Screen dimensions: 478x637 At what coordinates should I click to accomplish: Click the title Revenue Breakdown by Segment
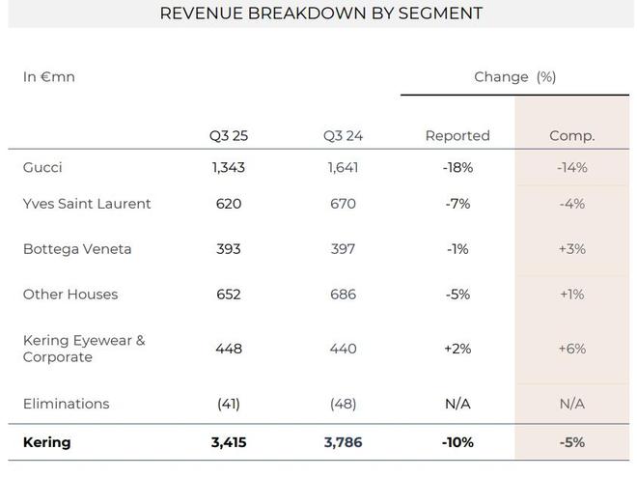click(x=320, y=14)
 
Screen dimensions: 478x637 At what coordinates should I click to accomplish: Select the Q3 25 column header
click(x=229, y=136)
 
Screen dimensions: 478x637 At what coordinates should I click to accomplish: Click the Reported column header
click(x=457, y=136)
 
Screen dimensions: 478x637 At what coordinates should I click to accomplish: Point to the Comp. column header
click(x=571, y=136)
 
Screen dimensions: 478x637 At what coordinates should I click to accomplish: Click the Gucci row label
click(x=42, y=167)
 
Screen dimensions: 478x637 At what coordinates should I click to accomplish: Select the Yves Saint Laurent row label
click(x=87, y=204)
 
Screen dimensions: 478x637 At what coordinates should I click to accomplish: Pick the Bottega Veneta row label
click(x=77, y=249)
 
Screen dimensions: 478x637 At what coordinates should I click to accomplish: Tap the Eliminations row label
click(x=66, y=404)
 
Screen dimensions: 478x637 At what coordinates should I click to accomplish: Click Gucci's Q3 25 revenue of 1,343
click(x=229, y=167)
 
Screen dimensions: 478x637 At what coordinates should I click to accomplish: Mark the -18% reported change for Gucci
click(x=457, y=167)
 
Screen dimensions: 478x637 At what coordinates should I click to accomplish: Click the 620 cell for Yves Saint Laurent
click(x=229, y=204)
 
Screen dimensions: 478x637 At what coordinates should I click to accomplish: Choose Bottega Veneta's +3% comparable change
click(x=571, y=249)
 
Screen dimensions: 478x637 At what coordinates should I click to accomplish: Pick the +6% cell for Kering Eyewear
click(x=571, y=349)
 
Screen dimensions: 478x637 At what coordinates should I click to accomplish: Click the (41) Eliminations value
click(x=229, y=404)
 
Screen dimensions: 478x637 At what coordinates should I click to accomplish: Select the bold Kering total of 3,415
click(x=229, y=443)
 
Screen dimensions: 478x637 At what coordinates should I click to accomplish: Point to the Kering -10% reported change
click(x=457, y=443)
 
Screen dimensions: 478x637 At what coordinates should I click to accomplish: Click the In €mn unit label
click(x=48, y=76)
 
